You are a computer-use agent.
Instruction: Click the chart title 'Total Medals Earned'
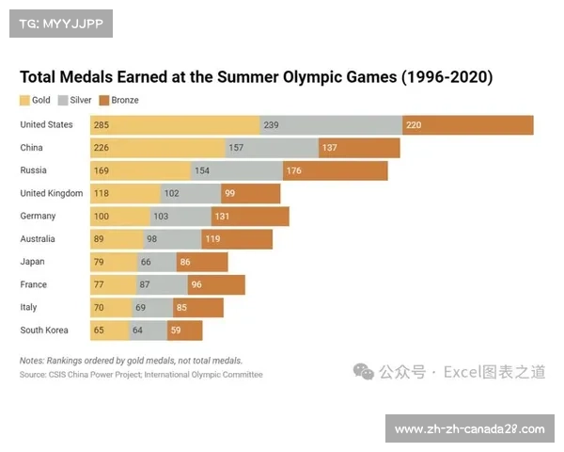[x=256, y=77]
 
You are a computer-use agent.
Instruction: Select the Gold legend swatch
[x=25, y=100]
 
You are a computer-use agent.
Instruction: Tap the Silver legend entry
[x=75, y=100]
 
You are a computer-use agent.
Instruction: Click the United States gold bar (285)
[x=175, y=125]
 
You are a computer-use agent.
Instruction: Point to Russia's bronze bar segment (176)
[x=335, y=170]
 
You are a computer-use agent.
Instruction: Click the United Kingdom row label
[x=52, y=193]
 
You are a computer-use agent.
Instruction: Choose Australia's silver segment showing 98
[x=170, y=239]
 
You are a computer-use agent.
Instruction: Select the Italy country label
[x=29, y=307]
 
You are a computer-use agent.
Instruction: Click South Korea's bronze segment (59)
[x=185, y=331]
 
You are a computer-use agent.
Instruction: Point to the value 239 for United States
[x=272, y=125]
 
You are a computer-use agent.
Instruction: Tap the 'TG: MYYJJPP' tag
[x=60, y=24]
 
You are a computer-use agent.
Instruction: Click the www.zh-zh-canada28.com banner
[x=469, y=429]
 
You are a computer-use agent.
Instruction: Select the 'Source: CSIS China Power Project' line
[x=141, y=375]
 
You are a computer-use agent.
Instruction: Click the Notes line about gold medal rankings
[x=131, y=361]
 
